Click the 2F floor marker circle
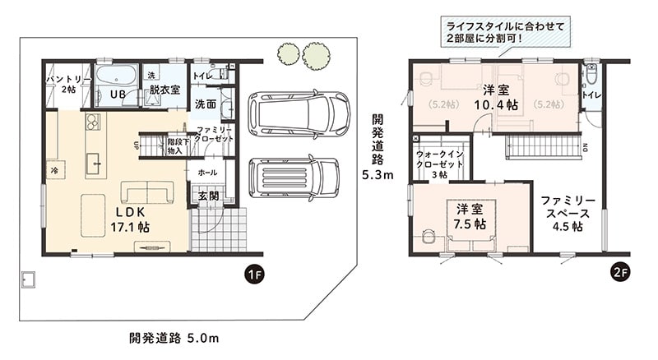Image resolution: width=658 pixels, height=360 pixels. pos(620,273)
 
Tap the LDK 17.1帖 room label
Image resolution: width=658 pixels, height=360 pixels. pos(130,219)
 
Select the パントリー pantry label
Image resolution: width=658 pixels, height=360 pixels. pos(68,84)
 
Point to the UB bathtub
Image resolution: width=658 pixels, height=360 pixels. pos(117,78)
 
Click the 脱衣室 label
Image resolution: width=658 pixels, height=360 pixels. pos(164,90)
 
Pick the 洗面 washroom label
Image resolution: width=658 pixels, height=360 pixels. pos(206,104)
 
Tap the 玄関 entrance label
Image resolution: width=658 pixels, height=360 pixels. pos(209,196)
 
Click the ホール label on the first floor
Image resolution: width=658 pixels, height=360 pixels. pos(208,173)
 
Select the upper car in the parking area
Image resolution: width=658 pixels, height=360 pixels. pos(299,113)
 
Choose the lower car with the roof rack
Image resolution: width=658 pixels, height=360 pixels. pos(294,178)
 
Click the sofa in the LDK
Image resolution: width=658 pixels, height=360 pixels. pos(147,192)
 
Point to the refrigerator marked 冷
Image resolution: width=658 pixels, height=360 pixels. pos(55,170)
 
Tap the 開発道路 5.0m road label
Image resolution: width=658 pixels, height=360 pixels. pos(174,338)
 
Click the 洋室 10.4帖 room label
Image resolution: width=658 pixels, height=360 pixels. pos(496,97)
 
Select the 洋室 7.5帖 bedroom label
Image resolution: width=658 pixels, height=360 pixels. pos(470,216)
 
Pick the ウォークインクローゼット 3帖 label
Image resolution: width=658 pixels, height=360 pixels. pos(440,164)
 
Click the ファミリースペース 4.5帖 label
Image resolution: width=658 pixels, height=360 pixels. pos(568,213)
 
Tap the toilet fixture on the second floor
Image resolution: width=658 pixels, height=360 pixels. pos(591,75)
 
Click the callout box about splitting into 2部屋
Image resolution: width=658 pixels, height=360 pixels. pos(506,32)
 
